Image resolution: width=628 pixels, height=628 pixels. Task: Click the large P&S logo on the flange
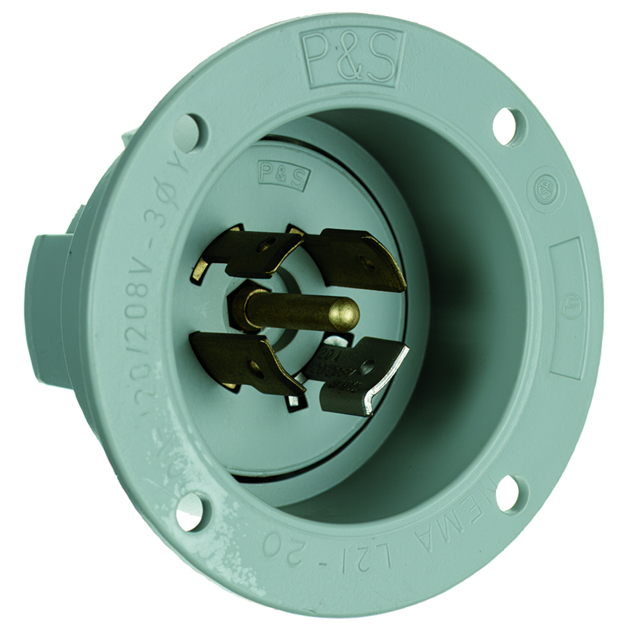click(352, 57)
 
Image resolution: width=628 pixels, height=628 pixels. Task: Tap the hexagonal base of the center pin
click(243, 304)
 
